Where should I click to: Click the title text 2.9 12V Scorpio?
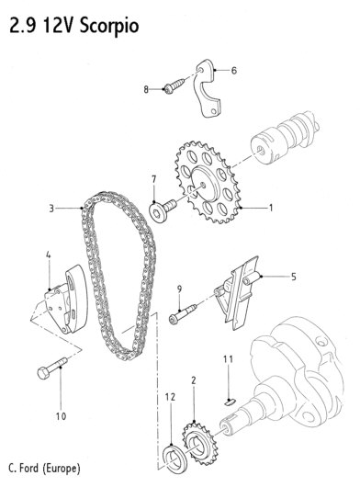pyautogui.click(x=74, y=26)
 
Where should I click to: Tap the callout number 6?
pyautogui.click(x=234, y=71)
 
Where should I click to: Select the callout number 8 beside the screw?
pyautogui.click(x=146, y=90)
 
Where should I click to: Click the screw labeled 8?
pyautogui.click(x=174, y=86)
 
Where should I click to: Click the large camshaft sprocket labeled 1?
pyautogui.click(x=208, y=183)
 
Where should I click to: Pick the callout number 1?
pyautogui.click(x=271, y=208)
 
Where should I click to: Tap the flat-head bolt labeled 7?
pyautogui.click(x=163, y=210)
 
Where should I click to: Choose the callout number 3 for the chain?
pyautogui.click(x=51, y=208)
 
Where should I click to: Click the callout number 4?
pyautogui.click(x=48, y=255)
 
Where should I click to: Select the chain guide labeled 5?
pyautogui.click(x=238, y=293)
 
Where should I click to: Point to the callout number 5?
pyautogui.click(x=293, y=277)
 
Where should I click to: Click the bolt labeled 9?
pyautogui.click(x=183, y=314)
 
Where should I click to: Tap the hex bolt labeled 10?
pyautogui.click(x=51, y=368)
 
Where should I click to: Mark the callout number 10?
pyautogui.click(x=61, y=416)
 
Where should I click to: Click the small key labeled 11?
pyautogui.click(x=230, y=402)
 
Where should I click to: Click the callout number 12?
pyautogui.click(x=170, y=397)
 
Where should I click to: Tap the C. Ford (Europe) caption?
pyautogui.click(x=44, y=468)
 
